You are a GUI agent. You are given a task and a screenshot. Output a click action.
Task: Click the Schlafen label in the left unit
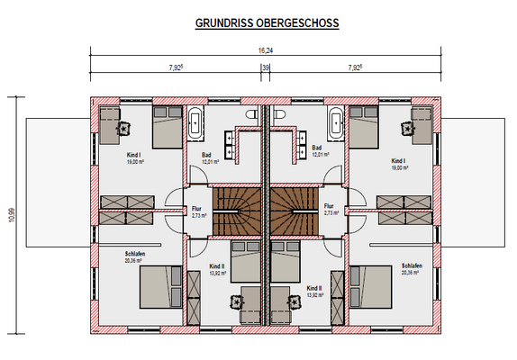click(x=136, y=254)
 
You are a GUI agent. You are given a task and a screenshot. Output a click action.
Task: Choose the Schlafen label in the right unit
click(x=413, y=265)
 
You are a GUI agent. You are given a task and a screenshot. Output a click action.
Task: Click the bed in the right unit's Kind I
click(x=364, y=128)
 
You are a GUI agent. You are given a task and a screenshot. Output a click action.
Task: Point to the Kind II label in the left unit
click(x=216, y=267)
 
